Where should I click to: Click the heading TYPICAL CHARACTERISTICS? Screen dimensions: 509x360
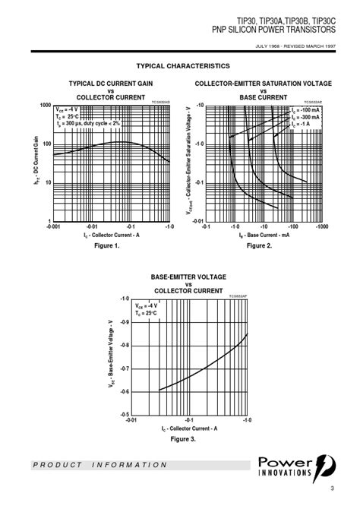[182, 66]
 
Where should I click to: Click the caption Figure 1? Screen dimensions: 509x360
[107, 245]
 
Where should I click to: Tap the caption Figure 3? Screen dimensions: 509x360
[183, 439]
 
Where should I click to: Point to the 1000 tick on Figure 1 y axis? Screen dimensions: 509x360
[45, 106]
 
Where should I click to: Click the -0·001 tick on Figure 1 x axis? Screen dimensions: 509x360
[52, 227]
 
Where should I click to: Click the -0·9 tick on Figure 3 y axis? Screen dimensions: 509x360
[124, 322]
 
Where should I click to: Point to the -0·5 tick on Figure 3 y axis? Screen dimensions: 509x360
[124, 415]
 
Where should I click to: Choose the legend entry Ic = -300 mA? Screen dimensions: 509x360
[306, 117]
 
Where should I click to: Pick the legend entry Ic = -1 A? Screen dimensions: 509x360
[304, 124]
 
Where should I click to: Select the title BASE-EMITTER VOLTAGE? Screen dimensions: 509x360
[188, 277]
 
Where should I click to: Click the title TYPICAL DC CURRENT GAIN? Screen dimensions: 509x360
[110, 83]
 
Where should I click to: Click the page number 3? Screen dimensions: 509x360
[332, 488]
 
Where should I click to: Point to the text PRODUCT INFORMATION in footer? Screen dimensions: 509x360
[100, 465]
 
